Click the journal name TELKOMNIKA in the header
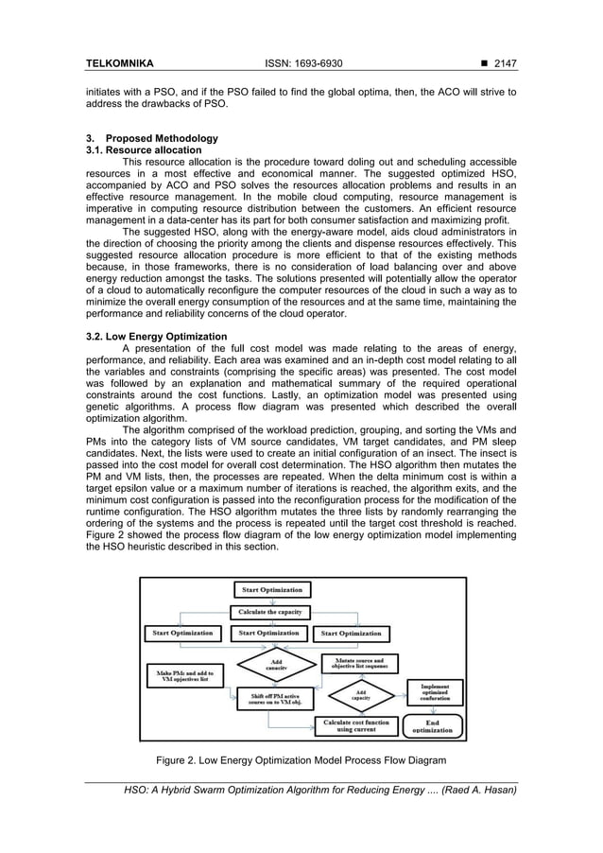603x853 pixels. (x=119, y=64)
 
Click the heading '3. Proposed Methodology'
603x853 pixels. (x=152, y=138)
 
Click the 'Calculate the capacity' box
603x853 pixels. (x=269, y=612)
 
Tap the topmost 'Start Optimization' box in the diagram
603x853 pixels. (x=272, y=590)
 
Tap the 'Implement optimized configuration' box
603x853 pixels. (x=434, y=691)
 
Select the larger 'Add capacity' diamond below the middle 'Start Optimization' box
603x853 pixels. (x=274, y=663)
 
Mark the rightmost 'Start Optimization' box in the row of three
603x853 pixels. (x=352, y=633)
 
